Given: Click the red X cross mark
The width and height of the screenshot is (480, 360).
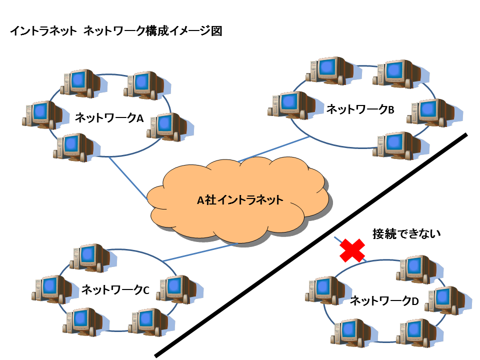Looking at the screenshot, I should coord(352,250).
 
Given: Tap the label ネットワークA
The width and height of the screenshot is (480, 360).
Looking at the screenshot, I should coord(109,118).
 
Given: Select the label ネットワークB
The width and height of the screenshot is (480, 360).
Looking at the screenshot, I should coord(360,109).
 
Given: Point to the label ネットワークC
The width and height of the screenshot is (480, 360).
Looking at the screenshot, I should coord(115,289).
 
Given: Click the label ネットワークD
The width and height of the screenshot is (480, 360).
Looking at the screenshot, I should coord(383,301).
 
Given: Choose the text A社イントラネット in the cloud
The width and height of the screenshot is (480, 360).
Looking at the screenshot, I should coord(240,200).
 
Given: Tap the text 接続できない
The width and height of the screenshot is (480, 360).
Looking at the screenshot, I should coord(406,233).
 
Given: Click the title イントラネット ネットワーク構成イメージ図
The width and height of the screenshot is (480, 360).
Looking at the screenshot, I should coord(115,31).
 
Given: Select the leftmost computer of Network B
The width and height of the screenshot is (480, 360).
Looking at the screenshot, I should coord(290,104).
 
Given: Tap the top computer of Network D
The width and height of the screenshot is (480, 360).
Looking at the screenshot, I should coord(414,268).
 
